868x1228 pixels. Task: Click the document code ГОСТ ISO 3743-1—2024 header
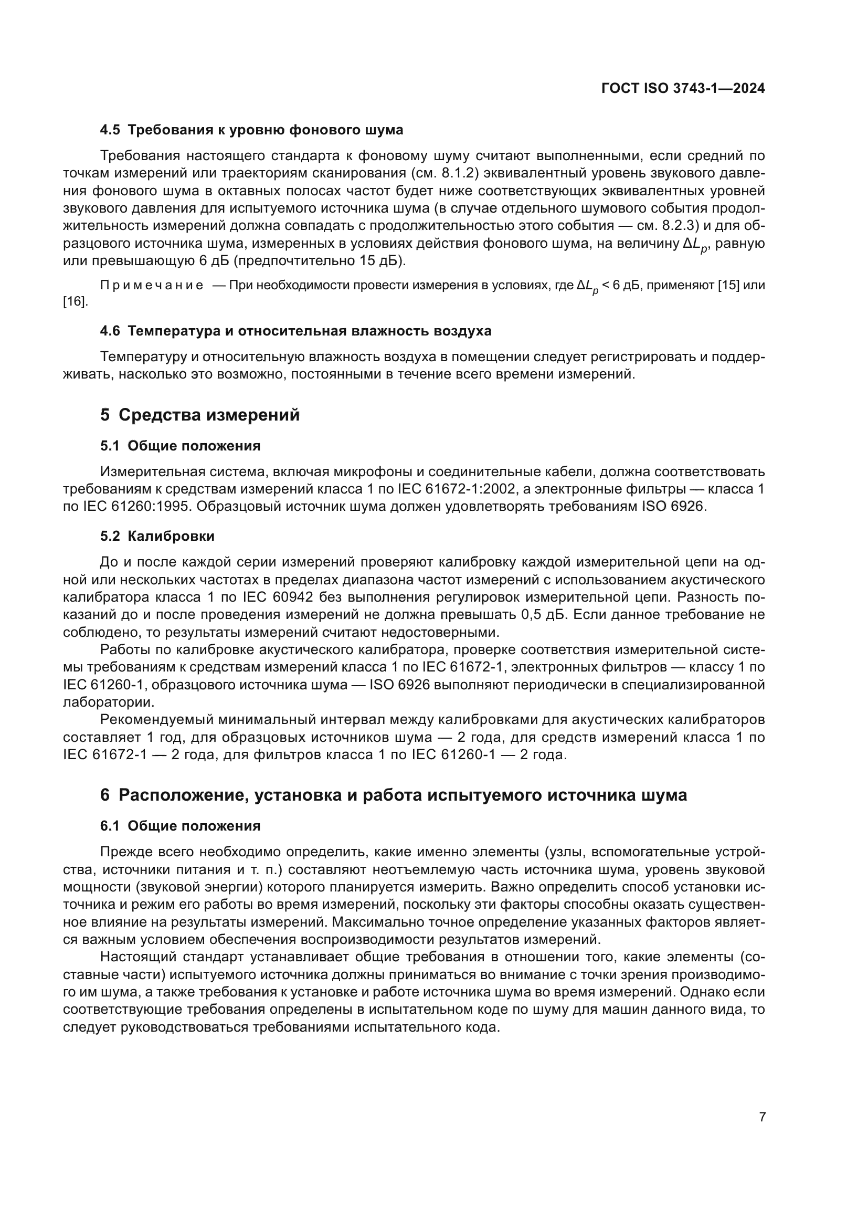683,88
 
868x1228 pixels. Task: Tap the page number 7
762,1117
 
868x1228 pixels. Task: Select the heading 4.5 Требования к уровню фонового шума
251,130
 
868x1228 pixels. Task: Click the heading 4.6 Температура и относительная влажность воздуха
295,331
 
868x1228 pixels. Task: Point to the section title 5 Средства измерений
200,415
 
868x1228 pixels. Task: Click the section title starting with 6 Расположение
394,795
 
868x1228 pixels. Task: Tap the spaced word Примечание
151,285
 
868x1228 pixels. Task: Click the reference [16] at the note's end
75,302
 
